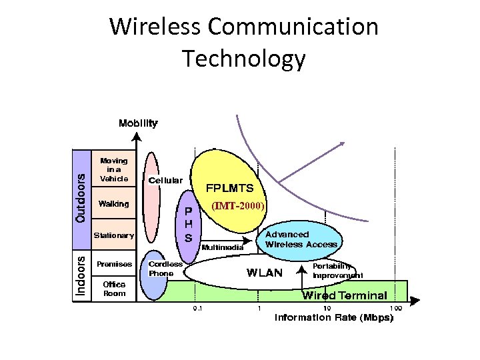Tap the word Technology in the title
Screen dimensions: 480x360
pos(244,59)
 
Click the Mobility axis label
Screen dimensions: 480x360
pos(138,123)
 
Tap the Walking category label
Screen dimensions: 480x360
pos(113,204)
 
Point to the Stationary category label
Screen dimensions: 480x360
pos(113,235)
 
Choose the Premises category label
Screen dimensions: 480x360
pos(114,264)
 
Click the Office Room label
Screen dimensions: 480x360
pos(114,289)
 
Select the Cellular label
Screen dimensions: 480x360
pos(165,180)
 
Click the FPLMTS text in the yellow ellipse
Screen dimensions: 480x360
pos(229,188)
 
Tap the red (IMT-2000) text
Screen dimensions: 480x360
pos(238,206)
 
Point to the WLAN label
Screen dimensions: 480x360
pos(265,272)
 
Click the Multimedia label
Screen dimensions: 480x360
pos(223,247)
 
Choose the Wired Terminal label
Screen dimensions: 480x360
pos(345,295)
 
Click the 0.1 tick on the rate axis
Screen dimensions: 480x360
pos(198,309)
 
